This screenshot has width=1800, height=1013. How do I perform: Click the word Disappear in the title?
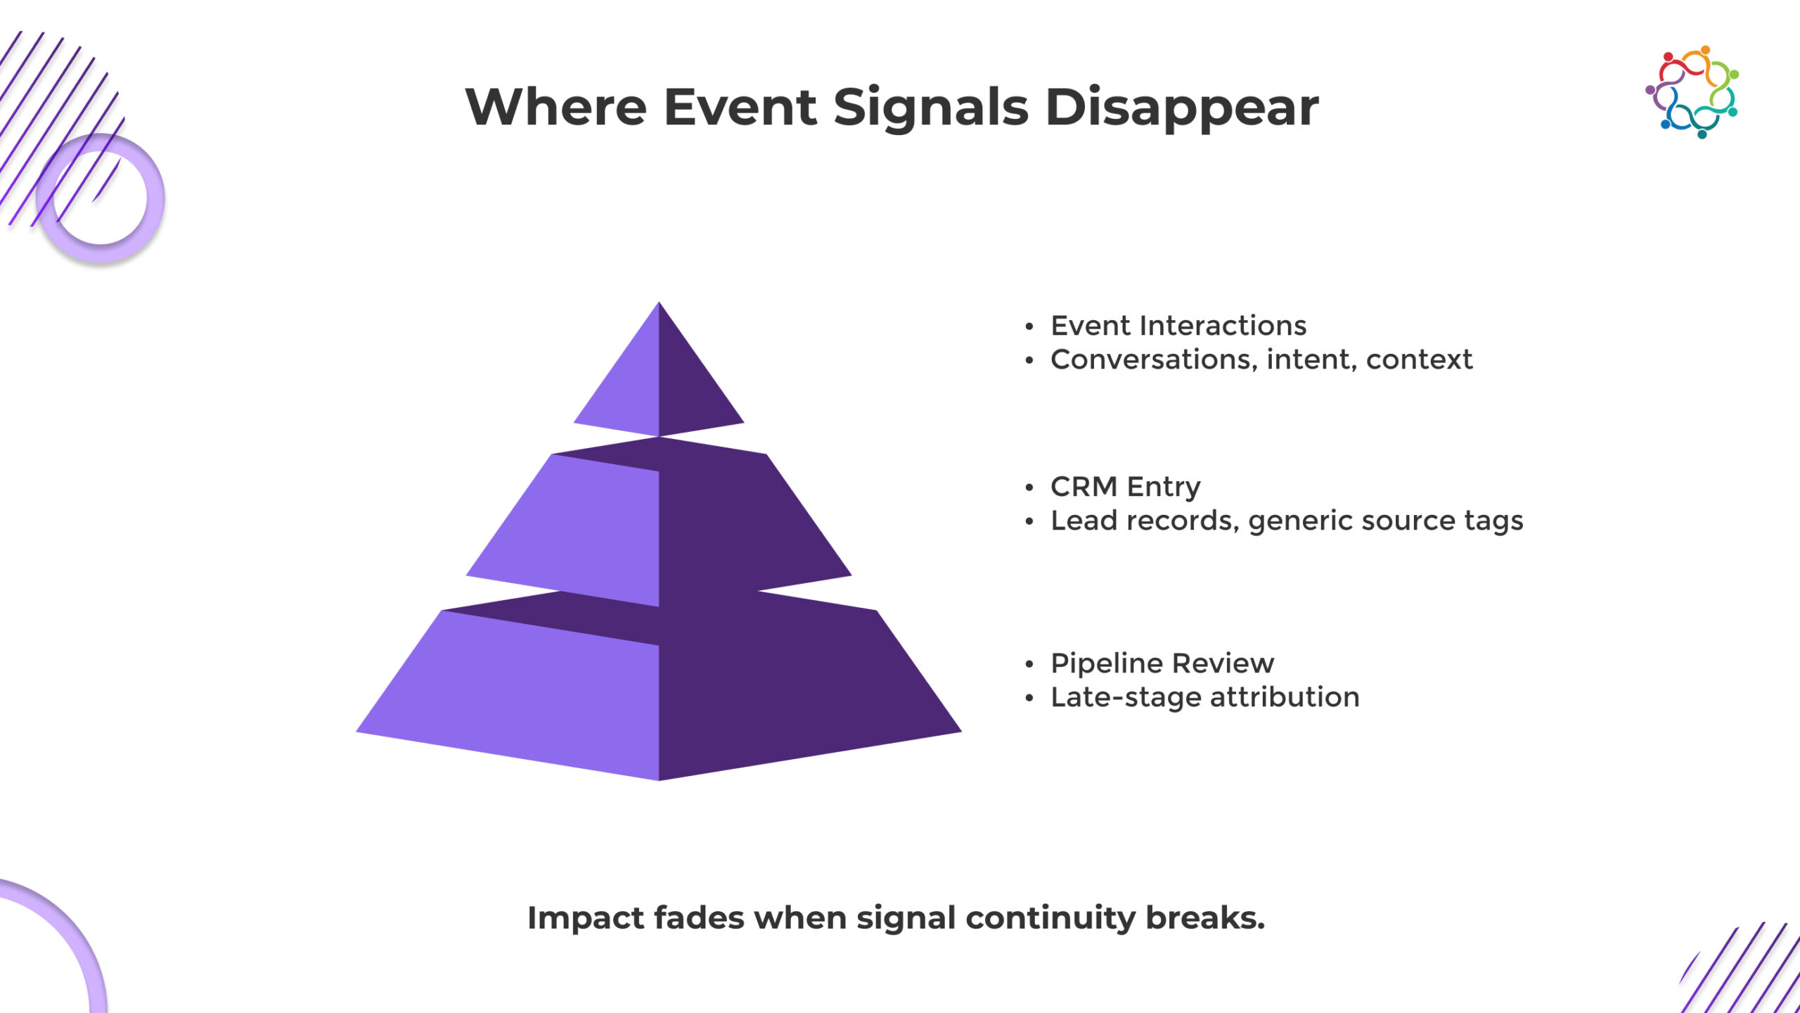[1182, 108]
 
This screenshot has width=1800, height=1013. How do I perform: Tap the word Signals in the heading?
[931, 108]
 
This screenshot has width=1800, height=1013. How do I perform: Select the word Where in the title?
[556, 107]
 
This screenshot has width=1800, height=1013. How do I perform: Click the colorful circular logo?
[1692, 92]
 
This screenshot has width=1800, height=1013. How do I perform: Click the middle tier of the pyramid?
[659, 521]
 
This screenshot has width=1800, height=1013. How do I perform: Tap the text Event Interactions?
[1178, 326]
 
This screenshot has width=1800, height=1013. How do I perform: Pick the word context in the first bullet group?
[1419, 360]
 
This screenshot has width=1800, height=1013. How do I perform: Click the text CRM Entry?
[1126, 487]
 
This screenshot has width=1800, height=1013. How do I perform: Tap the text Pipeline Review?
[1162, 663]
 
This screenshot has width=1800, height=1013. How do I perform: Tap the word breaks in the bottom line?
[1205, 917]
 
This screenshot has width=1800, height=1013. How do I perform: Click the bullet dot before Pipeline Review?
[1029, 664]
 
